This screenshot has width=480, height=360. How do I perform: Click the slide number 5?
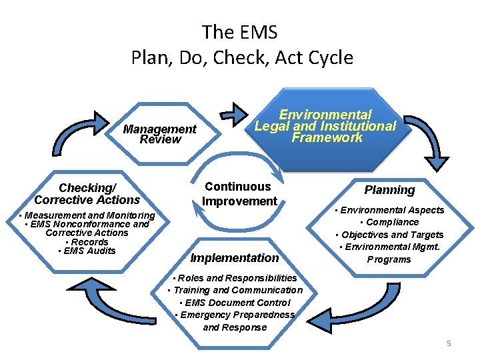(x=449, y=343)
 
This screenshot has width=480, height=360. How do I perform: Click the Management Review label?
(x=160, y=134)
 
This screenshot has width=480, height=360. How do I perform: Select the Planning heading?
(x=389, y=190)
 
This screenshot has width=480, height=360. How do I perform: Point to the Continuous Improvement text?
(x=239, y=193)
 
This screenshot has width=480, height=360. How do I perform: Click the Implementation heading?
(x=235, y=258)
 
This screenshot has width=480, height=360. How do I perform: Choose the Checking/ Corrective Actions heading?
(x=87, y=194)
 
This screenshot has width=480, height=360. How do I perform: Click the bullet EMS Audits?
(x=87, y=251)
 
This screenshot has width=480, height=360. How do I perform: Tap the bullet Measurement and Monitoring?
(x=87, y=215)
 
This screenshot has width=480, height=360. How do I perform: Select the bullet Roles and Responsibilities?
(x=235, y=277)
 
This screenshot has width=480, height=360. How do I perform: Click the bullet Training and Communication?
(x=235, y=290)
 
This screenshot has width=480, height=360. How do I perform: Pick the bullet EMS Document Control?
(x=235, y=303)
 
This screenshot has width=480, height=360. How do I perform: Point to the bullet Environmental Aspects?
(x=390, y=210)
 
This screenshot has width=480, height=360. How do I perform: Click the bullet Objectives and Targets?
(x=389, y=235)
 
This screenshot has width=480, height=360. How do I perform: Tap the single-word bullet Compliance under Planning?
(x=389, y=222)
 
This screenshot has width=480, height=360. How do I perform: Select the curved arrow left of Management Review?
(x=73, y=134)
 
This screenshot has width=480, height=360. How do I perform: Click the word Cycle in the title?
(x=330, y=57)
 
